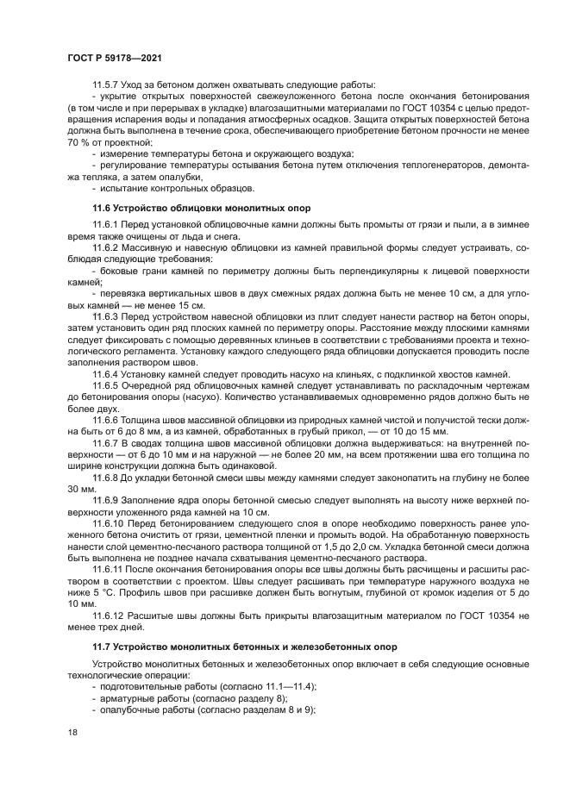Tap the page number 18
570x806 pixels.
[72, 731]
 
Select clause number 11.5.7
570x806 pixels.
[107, 84]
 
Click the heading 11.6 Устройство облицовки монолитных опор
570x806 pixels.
[201, 209]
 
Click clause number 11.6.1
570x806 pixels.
[107, 225]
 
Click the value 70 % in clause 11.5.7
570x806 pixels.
[76, 141]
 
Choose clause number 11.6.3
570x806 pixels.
[107, 316]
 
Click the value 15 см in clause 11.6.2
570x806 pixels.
[191, 305]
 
